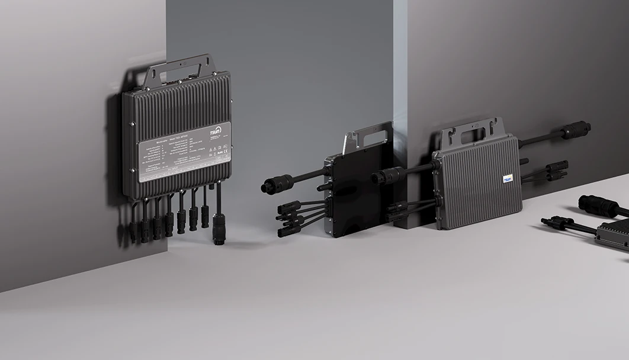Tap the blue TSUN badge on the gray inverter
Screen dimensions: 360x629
[x=508, y=178]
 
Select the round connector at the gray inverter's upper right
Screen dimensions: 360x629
[x=575, y=130]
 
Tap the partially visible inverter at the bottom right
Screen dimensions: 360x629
[x=614, y=235]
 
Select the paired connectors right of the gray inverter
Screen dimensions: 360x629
[x=556, y=170]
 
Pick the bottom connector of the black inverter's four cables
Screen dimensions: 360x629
[x=290, y=231]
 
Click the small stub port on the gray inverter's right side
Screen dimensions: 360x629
[x=524, y=161]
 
